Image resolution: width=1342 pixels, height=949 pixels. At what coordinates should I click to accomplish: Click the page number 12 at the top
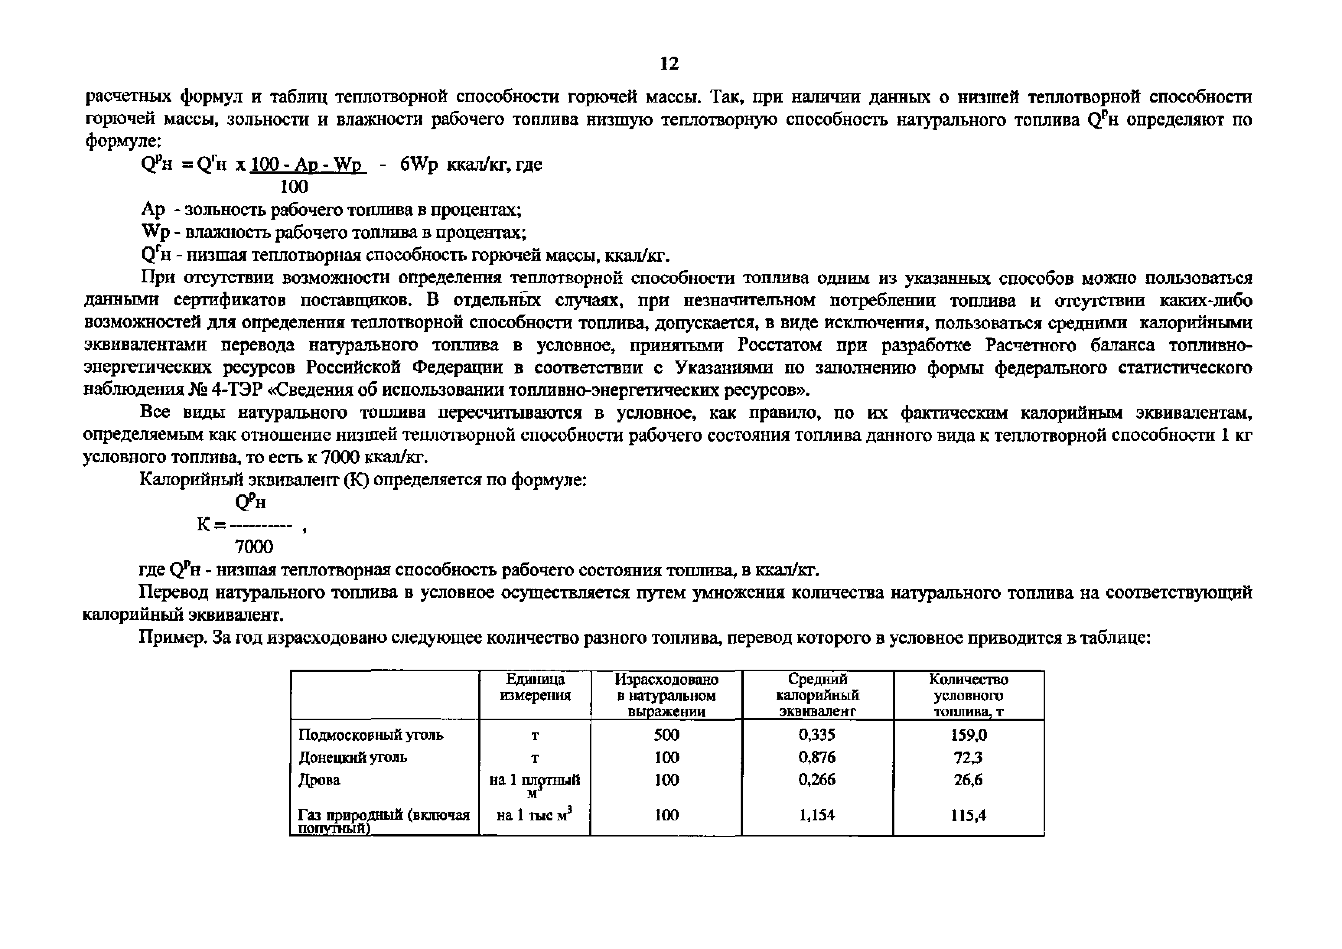click(x=669, y=63)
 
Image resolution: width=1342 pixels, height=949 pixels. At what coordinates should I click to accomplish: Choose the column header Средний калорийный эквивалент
click(x=817, y=695)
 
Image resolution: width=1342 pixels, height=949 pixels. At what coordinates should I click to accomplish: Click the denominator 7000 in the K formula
click(x=253, y=547)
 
